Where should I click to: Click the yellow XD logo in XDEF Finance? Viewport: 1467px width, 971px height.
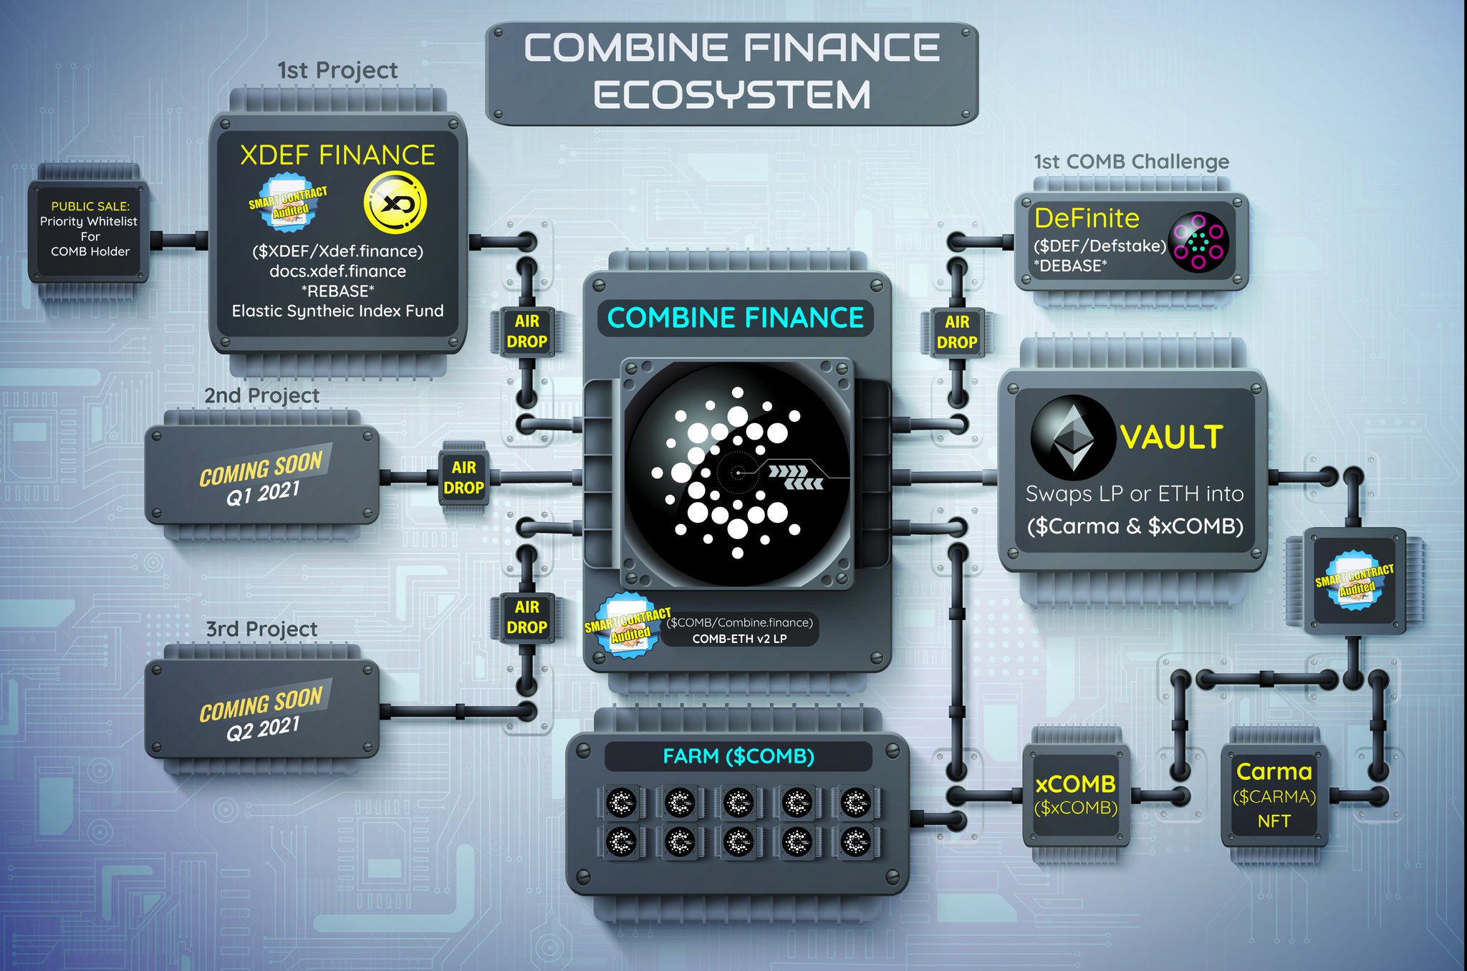coord(395,203)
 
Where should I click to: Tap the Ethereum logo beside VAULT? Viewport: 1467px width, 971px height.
coord(1072,438)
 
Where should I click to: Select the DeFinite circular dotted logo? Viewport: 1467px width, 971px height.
coord(1198,241)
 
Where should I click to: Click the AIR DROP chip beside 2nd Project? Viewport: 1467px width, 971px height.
coord(463,478)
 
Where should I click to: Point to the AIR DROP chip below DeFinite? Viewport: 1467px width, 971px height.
coord(957,332)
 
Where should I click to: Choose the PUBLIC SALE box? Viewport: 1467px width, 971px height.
coord(90,229)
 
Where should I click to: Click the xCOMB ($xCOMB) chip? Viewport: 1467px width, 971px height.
coord(1075,794)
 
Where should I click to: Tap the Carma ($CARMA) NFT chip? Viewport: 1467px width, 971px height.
coord(1274,795)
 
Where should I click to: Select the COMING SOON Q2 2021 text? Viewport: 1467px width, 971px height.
coord(262,713)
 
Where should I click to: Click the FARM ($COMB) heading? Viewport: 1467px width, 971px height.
coord(739,756)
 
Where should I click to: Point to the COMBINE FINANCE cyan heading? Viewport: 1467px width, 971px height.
coord(735,318)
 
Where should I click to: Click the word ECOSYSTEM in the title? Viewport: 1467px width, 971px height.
coord(731,95)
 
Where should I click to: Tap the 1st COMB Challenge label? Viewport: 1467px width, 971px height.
coord(1131,162)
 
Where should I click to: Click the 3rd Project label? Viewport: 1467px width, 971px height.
coord(261,629)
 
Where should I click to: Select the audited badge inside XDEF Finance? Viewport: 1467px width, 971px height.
coord(287,203)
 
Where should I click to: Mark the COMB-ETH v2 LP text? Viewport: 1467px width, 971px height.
coord(739,639)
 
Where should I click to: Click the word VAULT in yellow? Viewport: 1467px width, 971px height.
coord(1171,438)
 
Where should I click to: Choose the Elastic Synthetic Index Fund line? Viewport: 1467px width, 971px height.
coord(337,311)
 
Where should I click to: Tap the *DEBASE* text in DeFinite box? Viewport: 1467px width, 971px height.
coord(1070,266)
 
